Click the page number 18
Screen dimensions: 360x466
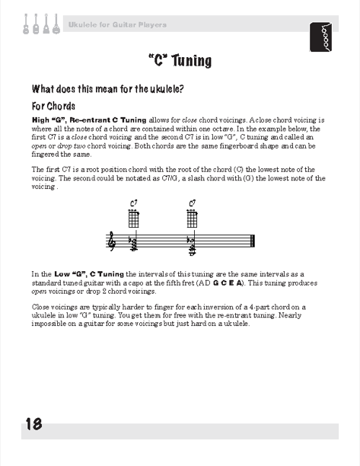[33, 424]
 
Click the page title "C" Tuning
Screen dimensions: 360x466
[180, 61]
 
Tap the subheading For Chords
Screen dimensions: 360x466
[53, 106]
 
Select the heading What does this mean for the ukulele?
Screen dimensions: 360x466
[107, 88]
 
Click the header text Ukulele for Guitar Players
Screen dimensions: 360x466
[117, 24]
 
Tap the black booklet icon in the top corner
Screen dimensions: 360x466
[320, 37]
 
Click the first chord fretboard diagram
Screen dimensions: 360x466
[134, 219]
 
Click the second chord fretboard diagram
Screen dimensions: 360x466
[193, 219]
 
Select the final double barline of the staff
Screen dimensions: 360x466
[253, 241]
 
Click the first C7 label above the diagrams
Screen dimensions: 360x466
[134, 203]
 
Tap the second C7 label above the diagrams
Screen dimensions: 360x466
[193, 203]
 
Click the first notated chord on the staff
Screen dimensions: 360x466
[134, 243]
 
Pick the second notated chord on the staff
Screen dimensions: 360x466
[193, 245]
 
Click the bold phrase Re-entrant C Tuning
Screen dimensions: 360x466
[108, 120]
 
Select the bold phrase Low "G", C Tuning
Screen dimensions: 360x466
[89, 274]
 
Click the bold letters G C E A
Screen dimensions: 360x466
[228, 283]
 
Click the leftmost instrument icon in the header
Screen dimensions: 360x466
[26, 24]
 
